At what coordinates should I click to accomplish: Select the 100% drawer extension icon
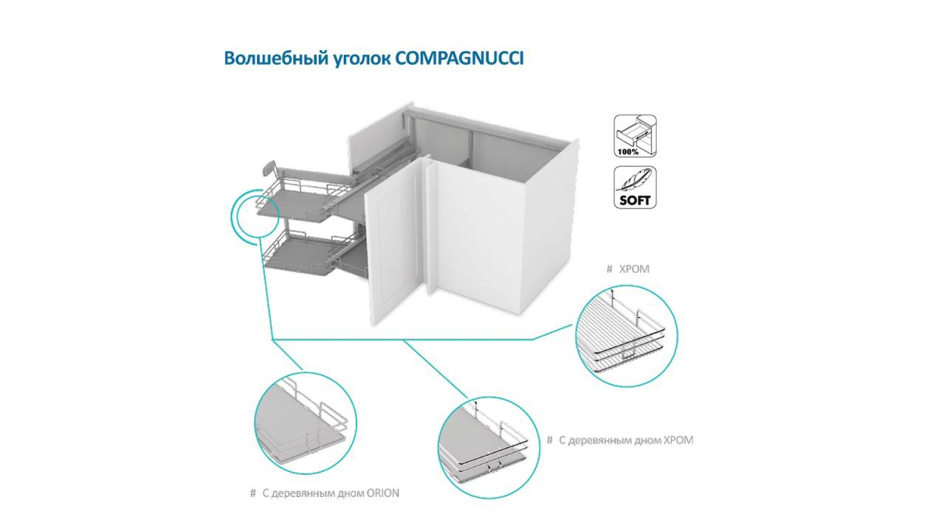point(634,136)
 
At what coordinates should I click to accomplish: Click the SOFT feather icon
point(634,187)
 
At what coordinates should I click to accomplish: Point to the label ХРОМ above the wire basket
point(633,269)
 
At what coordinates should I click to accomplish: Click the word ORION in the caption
point(382,493)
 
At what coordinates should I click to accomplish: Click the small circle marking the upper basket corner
point(255,212)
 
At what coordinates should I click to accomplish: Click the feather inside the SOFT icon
point(635,181)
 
